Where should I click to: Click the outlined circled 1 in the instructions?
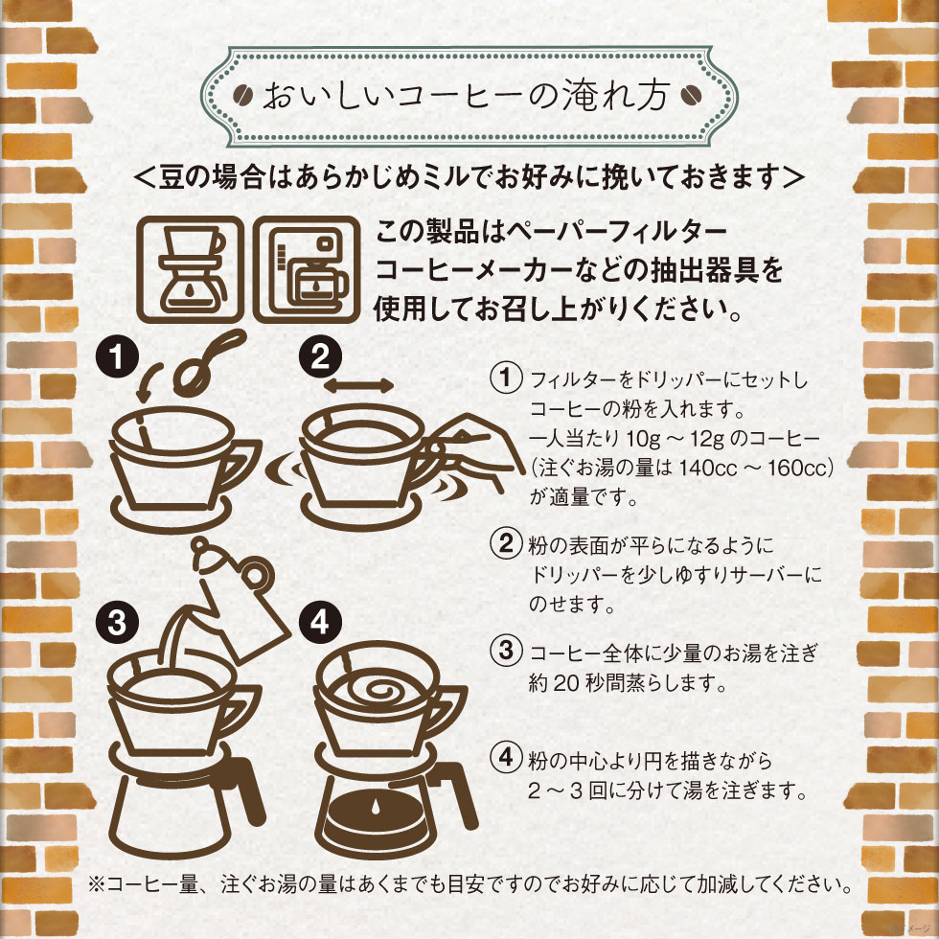[x=505, y=378]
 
